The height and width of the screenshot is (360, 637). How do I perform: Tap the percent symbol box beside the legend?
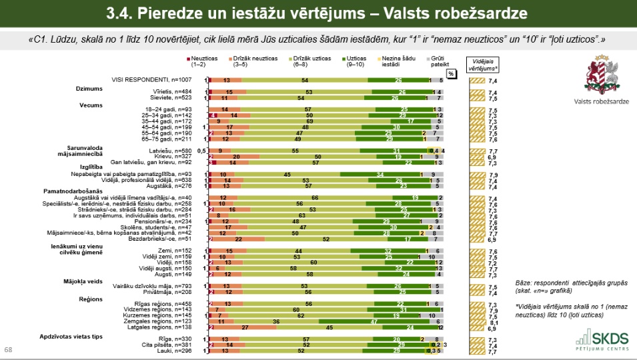tap(450, 73)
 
